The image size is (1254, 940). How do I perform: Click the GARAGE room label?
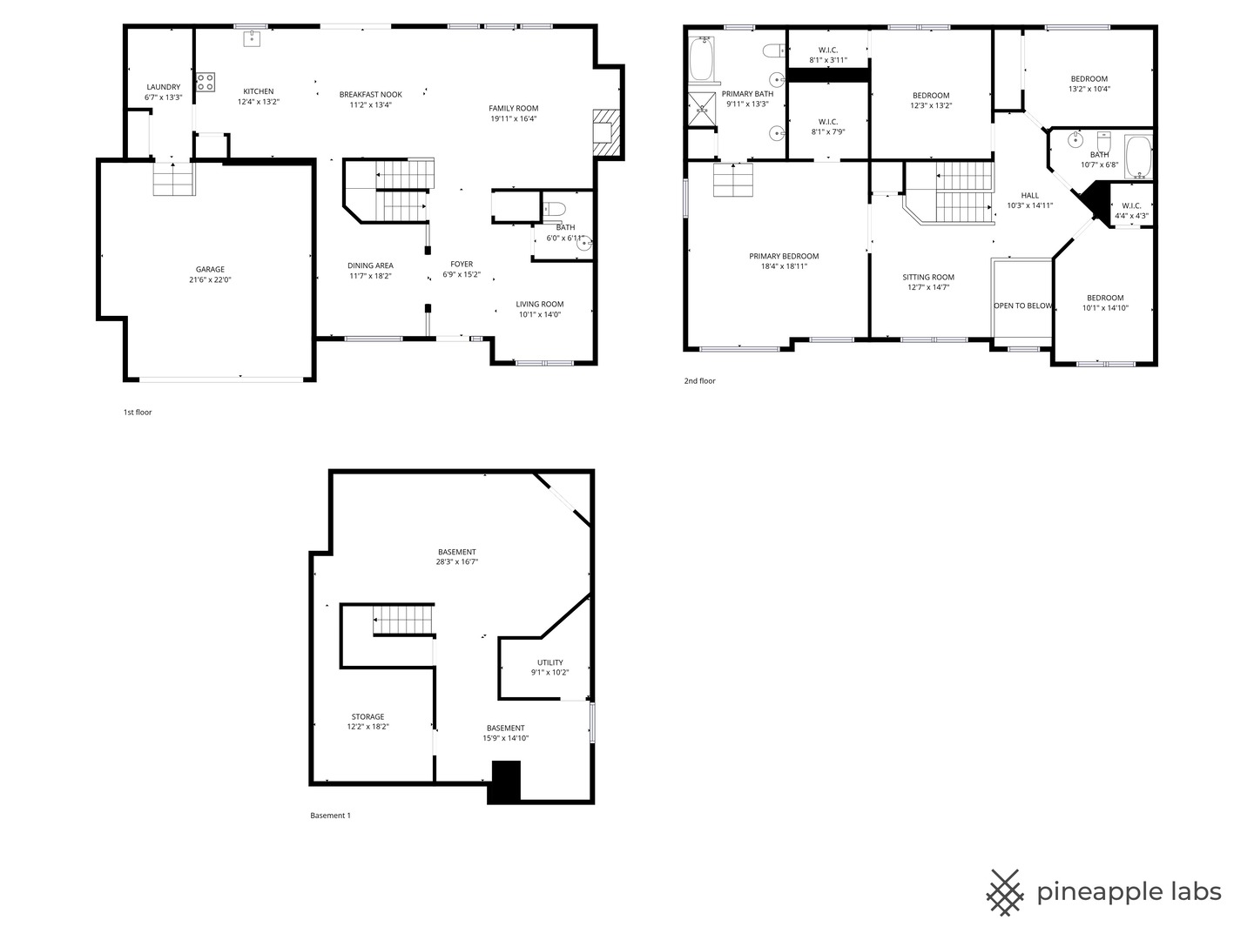tap(209, 270)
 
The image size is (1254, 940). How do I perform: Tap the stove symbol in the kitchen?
tap(206, 83)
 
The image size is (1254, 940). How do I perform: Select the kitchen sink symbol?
tap(252, 37)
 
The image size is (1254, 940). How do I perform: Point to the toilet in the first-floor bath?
tap(555, 209)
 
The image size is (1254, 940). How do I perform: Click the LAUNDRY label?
tap(163, 87)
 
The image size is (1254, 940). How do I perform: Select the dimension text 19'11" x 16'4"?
tap(513, 119)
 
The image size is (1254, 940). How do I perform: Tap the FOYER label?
tap(462, 265)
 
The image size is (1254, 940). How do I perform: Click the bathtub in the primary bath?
tap(700, 59)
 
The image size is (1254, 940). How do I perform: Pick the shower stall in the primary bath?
tap(700, 109)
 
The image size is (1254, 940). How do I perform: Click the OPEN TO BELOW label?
tap(1022, 306)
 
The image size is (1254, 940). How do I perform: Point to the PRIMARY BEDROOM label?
tap(784, 257)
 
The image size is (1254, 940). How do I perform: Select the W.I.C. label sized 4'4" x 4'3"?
tap(1131, 206)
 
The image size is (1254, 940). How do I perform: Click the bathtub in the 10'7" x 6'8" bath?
tap(1137, 158)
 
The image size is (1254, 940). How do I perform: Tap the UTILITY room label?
tap(549, 662)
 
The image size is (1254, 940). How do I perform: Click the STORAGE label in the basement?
tap(367, 717)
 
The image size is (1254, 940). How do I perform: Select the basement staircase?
tap(402, 621)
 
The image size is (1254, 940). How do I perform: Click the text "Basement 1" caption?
tap(330, 816)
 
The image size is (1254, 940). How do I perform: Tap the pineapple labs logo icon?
tap(1004, 892)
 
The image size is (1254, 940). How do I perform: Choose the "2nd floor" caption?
tap(699, 381)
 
